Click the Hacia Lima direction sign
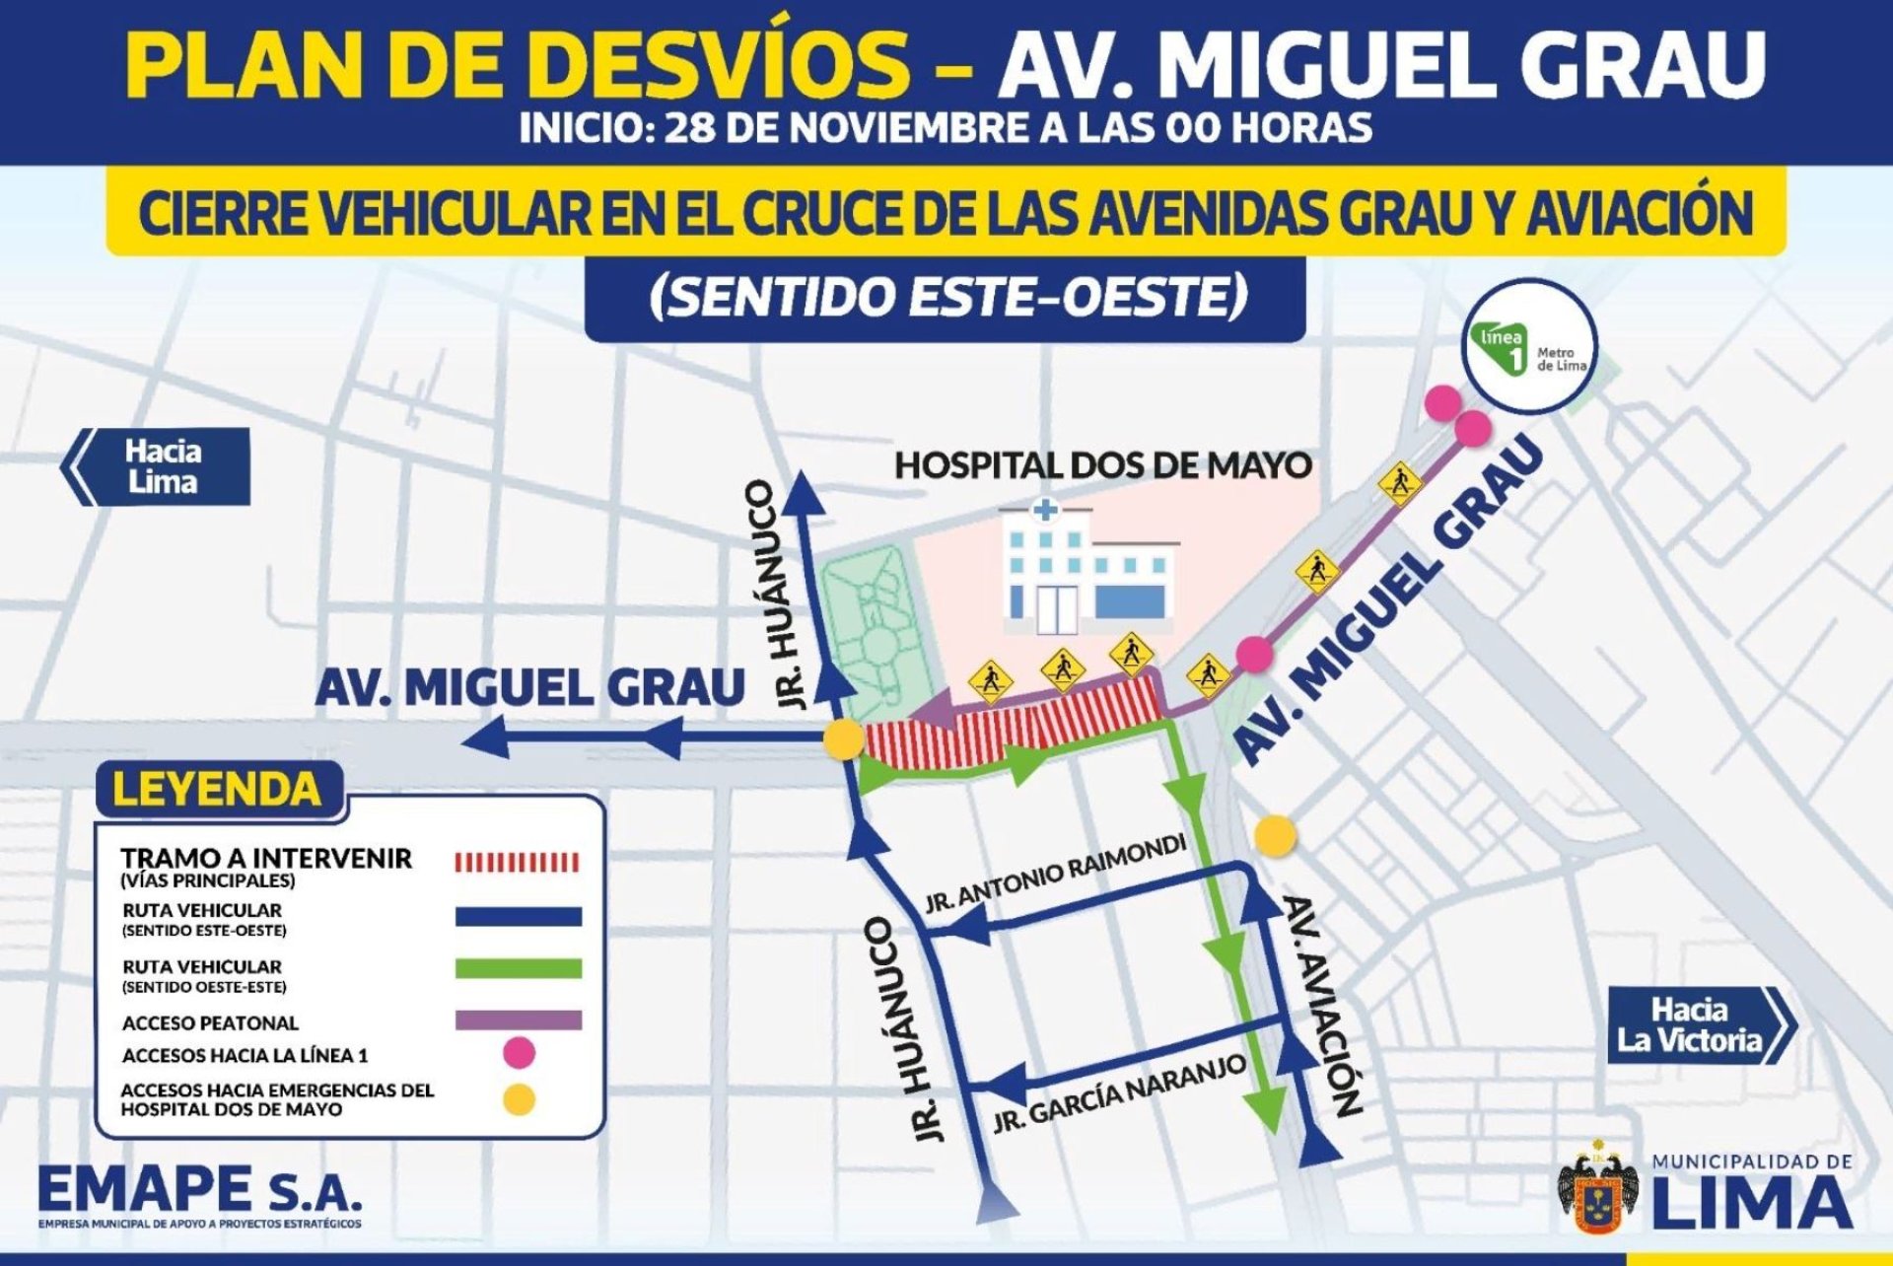(158, 466)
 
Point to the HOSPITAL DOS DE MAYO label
(1102, 465)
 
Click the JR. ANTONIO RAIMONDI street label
(1055, 874)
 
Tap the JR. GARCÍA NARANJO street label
(1119, 1092)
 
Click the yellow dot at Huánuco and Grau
(844, 739)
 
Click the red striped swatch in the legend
(518, 863)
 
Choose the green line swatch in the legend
(518, 968)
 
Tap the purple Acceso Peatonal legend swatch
(518, 1020)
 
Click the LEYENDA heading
(217, 790)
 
